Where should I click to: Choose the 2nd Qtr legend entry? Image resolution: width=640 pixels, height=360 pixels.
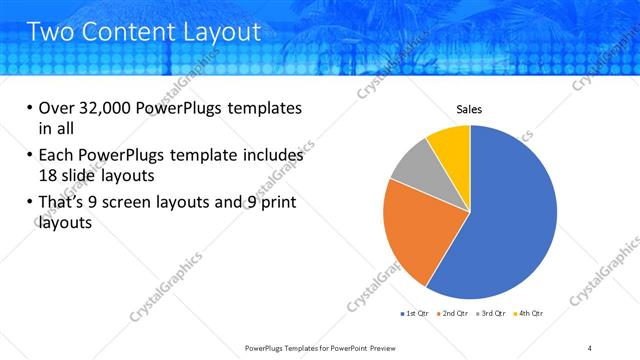[452, 313]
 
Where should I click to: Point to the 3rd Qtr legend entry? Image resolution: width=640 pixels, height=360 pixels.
[490, 313]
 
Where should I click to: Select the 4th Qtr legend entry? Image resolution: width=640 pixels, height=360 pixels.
[527, 313]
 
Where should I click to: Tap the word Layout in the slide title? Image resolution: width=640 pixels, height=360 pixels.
[217, 31]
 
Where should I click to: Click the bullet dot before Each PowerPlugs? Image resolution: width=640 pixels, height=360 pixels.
[29, 156]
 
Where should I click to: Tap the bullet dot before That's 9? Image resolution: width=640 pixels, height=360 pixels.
[29, 204]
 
